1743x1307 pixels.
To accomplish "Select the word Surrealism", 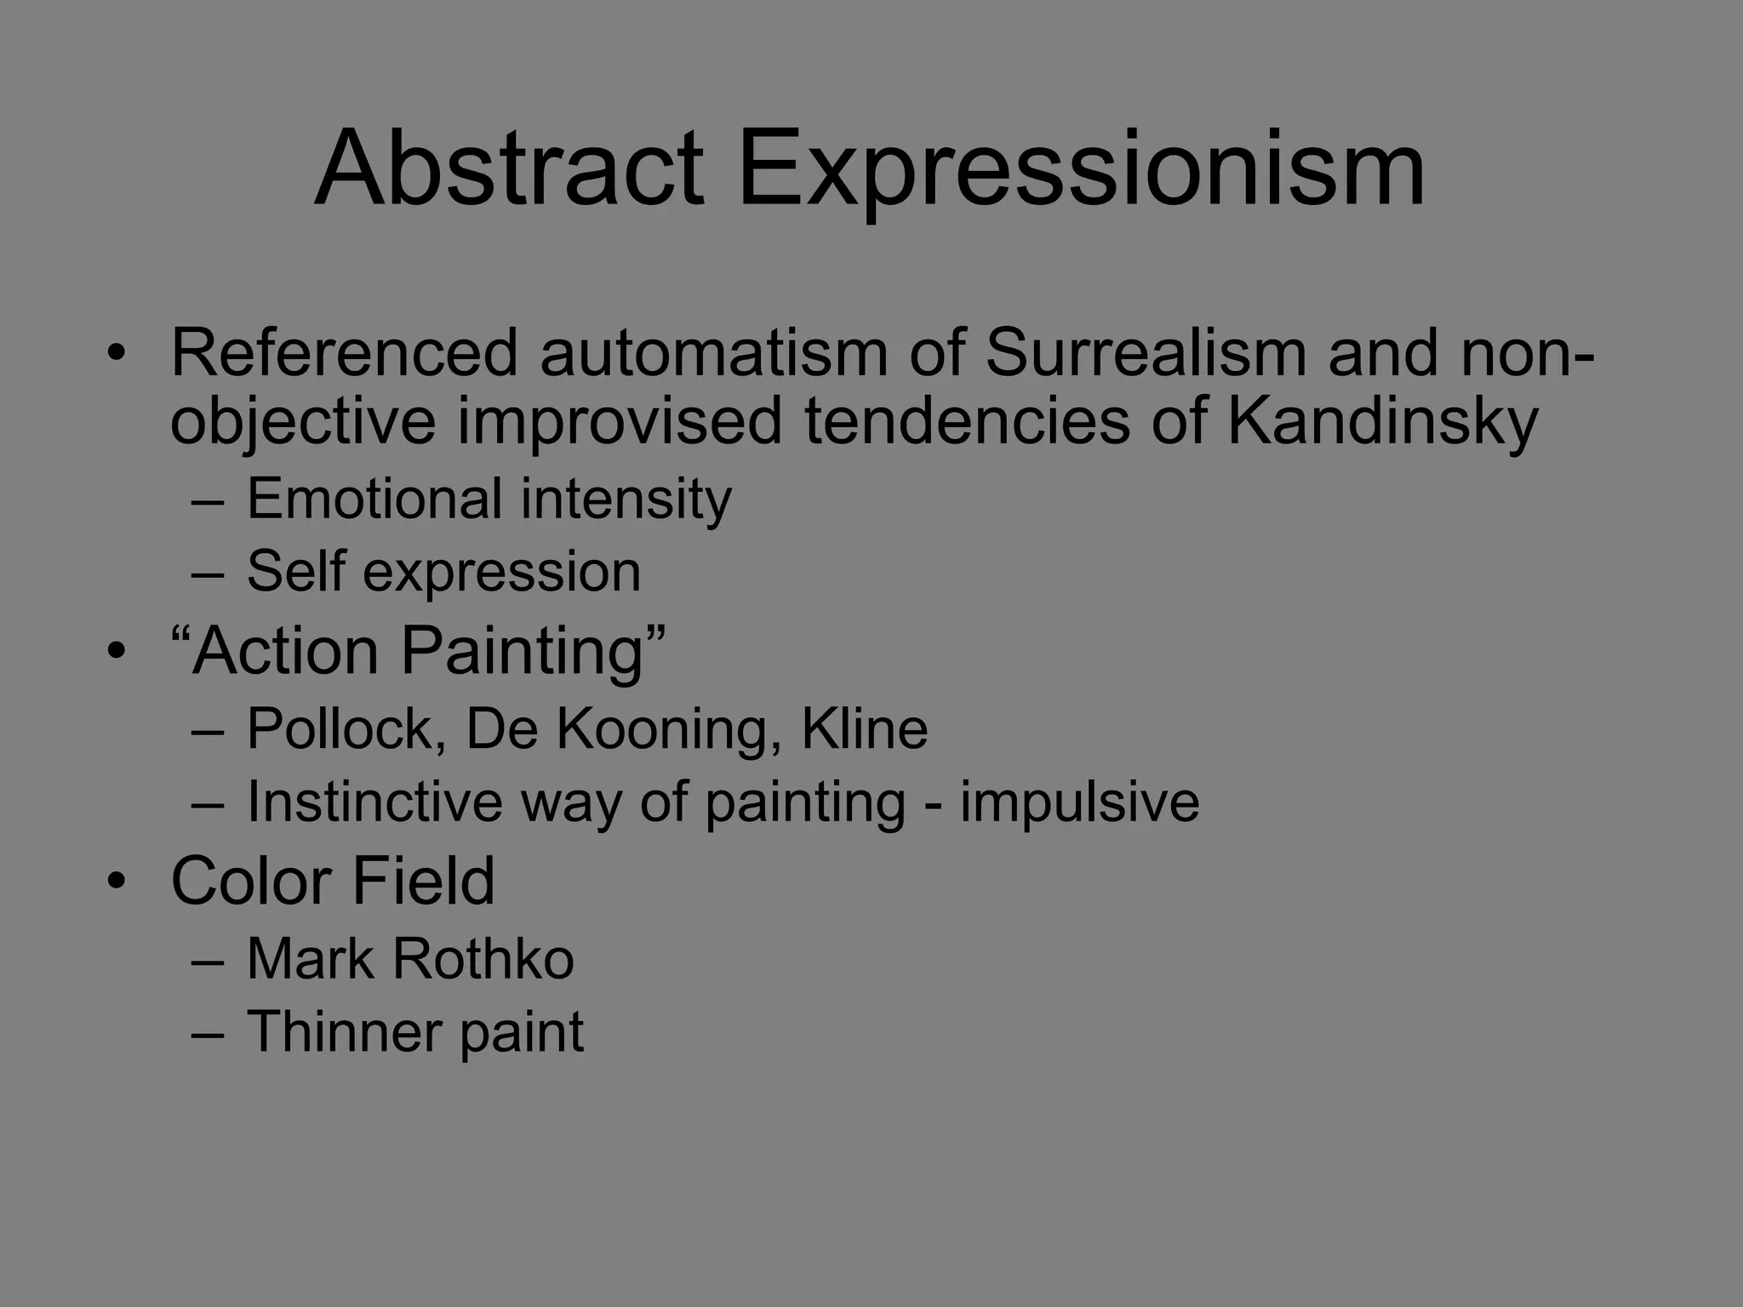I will [1146, 353].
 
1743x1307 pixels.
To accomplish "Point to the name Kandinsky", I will [1382, 422].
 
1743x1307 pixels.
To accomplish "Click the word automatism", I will [713, 353].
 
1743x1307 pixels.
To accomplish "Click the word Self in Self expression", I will [295, 571].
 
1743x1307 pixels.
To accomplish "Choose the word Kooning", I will [661, 729].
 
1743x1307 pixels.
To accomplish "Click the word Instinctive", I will [374, 802].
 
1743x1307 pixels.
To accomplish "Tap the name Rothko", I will [483, 960].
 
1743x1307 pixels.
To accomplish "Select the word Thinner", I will [343, 1032].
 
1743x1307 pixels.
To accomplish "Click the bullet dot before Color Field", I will [117, 881].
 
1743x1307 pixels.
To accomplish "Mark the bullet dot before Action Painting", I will [117, 652].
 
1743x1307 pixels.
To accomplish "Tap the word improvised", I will [620, 422].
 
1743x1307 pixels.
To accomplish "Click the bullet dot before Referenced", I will [117, 353].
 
